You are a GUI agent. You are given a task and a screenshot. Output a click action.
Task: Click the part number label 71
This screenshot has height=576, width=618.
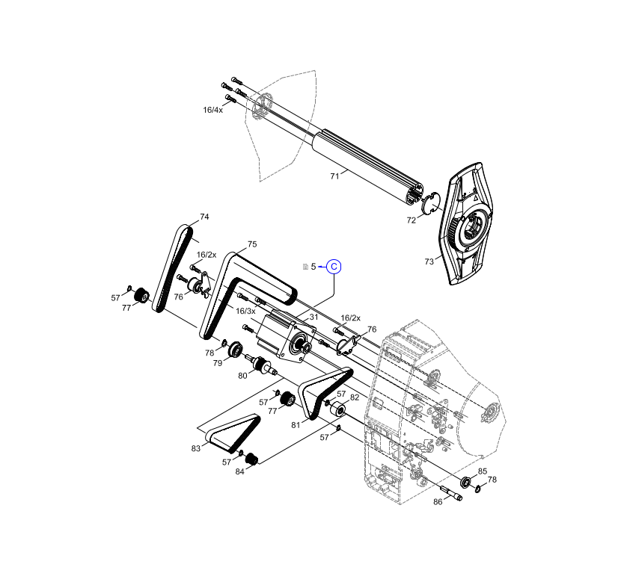[334, 176]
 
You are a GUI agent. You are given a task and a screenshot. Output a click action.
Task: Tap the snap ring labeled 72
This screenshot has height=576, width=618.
[429, 202]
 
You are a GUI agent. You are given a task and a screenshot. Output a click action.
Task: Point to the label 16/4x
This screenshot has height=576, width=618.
[213, 110]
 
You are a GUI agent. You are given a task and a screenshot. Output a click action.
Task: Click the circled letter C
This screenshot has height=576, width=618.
[334, 267]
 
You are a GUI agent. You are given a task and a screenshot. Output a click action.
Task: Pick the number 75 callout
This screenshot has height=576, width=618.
[252, 244]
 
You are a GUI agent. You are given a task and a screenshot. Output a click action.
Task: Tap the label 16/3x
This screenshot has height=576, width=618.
[245, 311]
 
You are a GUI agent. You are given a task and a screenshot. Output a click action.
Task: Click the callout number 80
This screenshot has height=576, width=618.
[242, 376]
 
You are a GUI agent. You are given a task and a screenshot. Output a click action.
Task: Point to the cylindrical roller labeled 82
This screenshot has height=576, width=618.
[335, 410]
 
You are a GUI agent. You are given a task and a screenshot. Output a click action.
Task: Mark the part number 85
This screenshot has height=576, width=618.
[483, 471]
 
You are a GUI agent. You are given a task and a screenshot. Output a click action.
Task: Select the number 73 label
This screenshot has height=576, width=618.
[429, 261]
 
